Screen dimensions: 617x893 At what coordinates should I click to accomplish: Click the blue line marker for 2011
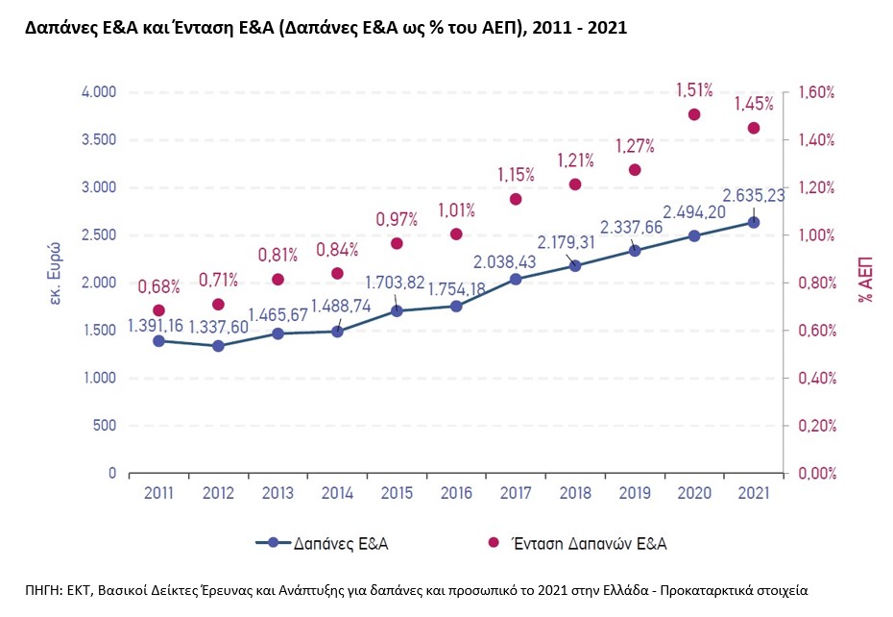coord(158,341)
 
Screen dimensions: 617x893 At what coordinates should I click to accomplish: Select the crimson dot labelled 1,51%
coord(693,114)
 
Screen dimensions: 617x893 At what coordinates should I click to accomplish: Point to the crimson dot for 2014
coord(337,274)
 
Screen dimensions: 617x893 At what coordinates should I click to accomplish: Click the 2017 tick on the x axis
coord(516,492)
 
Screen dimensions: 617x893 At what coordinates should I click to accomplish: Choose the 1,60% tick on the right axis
coord(810,92)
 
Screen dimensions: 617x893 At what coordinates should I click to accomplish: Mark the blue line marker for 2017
coord(516,279)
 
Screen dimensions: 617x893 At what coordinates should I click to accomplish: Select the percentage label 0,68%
coord(158,286)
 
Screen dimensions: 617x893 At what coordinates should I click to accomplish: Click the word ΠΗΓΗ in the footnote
coord(44,588)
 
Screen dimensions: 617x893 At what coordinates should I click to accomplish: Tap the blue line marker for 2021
coord(754,223)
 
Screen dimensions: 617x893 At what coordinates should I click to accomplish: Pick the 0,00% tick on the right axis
coord(810,473)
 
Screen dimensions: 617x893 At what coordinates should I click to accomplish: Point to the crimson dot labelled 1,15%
coord(516,199)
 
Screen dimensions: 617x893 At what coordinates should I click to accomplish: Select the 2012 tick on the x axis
coord(218,492)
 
